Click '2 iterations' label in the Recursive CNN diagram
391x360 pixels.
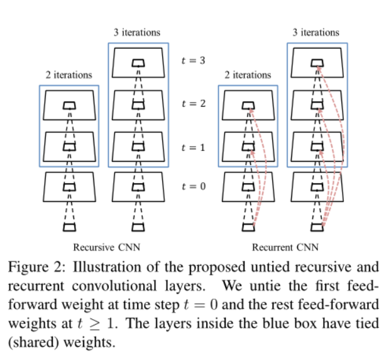(x=69, y=74)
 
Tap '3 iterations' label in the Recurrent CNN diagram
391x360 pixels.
(x=316, y=32)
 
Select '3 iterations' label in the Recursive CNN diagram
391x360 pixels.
(x=137, y=32)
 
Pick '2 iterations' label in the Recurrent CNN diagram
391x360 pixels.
(x=248, y=74)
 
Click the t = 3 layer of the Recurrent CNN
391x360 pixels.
(x=319, y=62)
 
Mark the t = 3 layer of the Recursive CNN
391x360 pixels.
(x=138, y=62)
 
